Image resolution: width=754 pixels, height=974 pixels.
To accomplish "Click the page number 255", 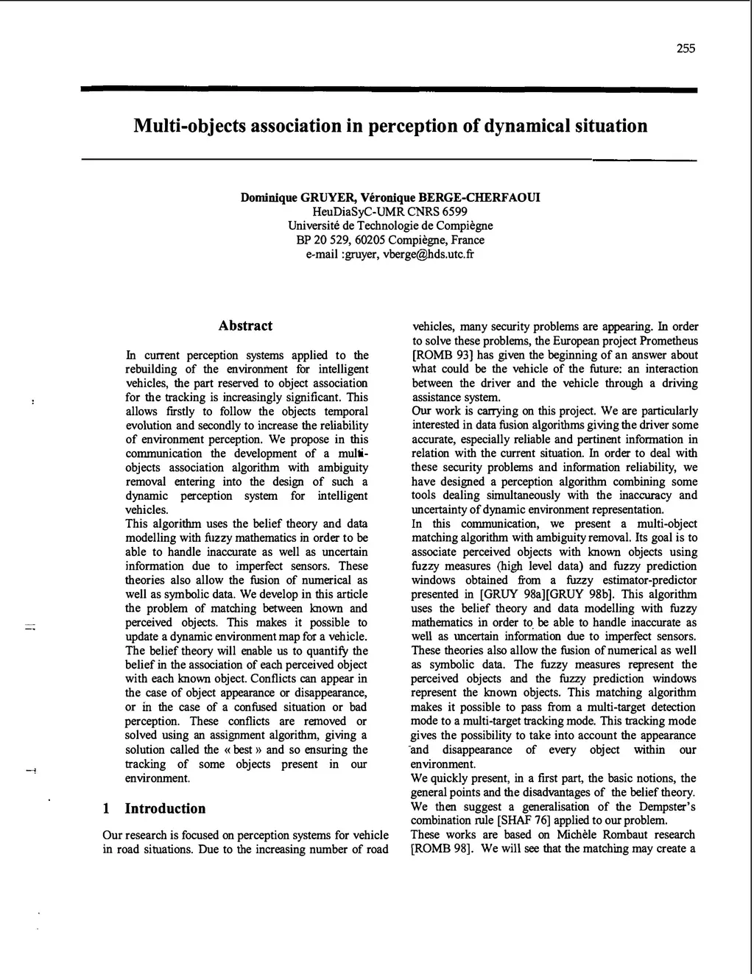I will click(x=686, y=49).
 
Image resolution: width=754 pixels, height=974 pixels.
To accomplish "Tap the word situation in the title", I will click(x=609, y=126).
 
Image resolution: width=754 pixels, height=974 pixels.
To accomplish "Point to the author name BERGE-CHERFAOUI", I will click(x=479, y=197).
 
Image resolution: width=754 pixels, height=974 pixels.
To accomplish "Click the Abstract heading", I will click(x=245, y=326).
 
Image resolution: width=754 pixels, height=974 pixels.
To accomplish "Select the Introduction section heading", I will click(x=165, y=808).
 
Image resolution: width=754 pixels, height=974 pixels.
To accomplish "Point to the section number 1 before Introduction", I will click(x=107, y=808).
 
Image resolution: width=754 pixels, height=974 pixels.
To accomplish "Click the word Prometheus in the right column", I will click(x=669, y=341).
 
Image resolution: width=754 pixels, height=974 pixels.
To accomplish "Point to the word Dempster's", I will click(x=666, y=806).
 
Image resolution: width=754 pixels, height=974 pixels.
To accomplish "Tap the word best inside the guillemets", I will click(x=243, y=749).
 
